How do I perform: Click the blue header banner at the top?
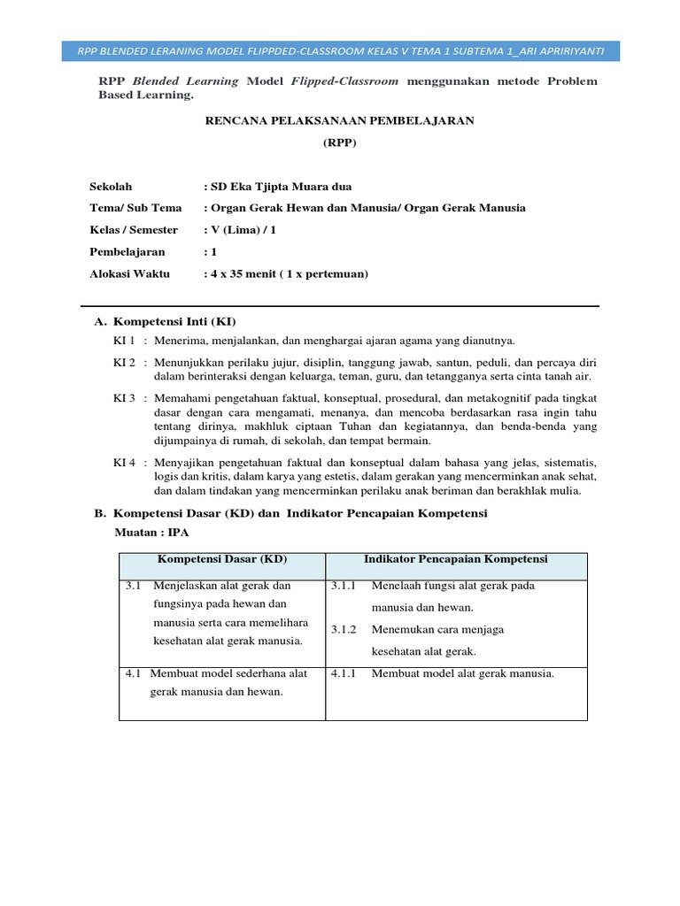click(x=341, y=50)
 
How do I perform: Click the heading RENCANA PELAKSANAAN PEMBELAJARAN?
click(x=340, y=120)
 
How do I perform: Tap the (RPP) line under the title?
click(x=340, y=142)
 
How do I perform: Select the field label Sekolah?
click(x=111, y=187)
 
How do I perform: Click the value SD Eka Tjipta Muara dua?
click(x=280, y=187)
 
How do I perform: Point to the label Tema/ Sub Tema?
click(x=135, y=208)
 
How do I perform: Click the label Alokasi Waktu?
click(x=129, y=273)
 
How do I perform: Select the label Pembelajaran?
click(x=127, y=252)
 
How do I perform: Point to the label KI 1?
click(x=124, y=340)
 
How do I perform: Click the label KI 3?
click(x=124, y=398)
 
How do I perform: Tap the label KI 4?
click(x=124, y=463)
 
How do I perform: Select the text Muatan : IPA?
click(x=151, y=532)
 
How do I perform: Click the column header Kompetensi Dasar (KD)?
click(x=222, y=559)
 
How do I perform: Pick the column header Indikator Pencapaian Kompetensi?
click(x=456, y=559)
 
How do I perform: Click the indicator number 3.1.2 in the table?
click(x=344, y=630)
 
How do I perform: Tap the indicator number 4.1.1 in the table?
click(x=344, y=673)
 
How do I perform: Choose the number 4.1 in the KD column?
click(x=134, y=673)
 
